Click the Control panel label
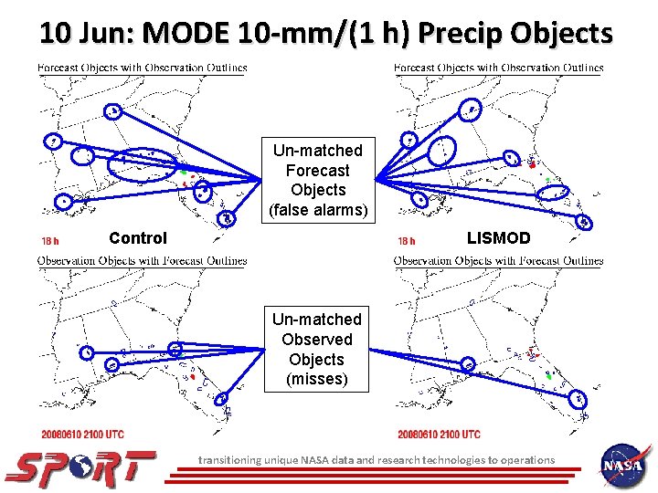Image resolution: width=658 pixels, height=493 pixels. point(138,238)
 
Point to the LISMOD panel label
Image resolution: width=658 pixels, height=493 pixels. point(498,238)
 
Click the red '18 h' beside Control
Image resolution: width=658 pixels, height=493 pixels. point(50,242)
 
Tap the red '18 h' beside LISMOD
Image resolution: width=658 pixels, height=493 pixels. point(407,242)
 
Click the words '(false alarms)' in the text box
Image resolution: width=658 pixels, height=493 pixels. point(318,211)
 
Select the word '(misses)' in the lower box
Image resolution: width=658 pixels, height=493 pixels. point(317,379)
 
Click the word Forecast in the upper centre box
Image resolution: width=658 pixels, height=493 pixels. point(318,171)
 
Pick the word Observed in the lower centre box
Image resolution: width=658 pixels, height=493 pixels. point(317,340)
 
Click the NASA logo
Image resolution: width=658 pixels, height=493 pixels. point(624,465)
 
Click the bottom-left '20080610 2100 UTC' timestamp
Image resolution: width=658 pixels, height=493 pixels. point(82,434)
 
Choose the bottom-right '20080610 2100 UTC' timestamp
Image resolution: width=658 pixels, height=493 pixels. point(439,434)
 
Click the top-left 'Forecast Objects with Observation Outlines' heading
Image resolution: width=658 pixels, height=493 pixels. point(142,68)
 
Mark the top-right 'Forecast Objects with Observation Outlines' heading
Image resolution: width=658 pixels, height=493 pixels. point(498,68)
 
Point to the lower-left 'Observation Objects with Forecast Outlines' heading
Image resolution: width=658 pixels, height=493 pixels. point(142,261)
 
